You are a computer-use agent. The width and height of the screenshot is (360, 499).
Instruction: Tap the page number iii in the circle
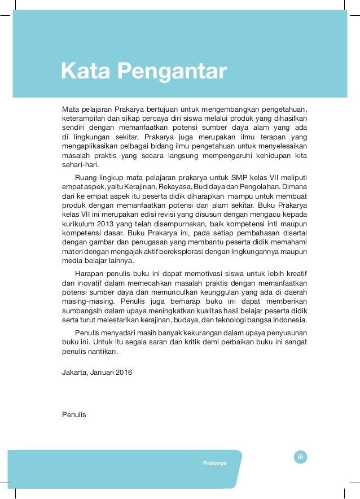click(x=301, y=457)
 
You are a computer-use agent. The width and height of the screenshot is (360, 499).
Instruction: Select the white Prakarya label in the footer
click(x=215, y=463)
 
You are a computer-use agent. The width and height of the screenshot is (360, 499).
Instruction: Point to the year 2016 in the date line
click(x=124, y=373)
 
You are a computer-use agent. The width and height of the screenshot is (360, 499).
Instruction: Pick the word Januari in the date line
click(x=102, y=373)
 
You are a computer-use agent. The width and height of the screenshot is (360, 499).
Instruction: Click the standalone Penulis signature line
click(x=73, y=415)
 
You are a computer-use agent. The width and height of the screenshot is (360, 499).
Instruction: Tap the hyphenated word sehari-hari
click(x=80, y=165)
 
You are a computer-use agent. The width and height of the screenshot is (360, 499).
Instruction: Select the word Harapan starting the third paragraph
click(x=89, y=272)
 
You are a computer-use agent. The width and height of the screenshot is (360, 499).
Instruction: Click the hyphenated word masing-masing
click(x=86, y=301)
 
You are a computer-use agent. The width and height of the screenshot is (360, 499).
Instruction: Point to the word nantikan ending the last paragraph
click(x=102, y=351)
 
